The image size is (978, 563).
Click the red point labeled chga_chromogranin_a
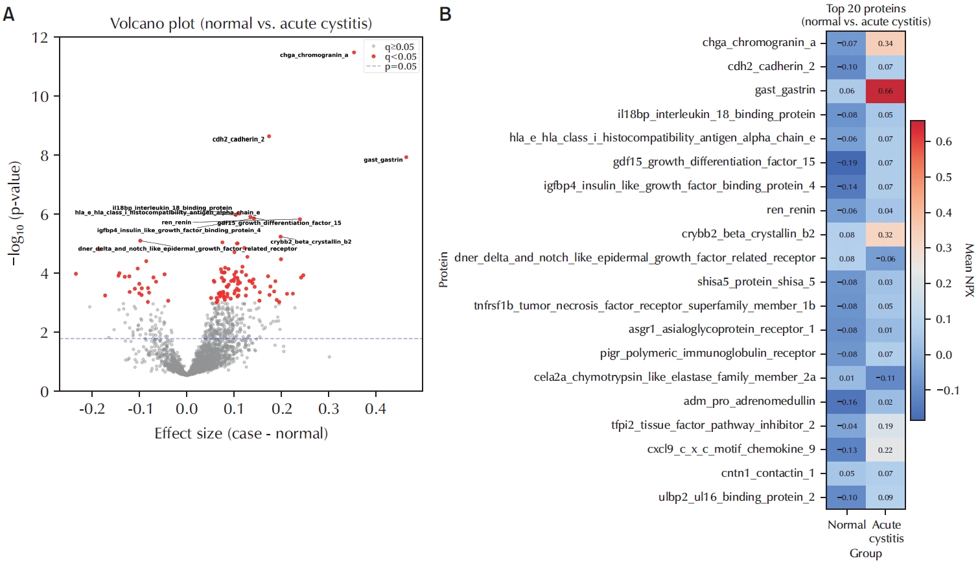coord(354,53)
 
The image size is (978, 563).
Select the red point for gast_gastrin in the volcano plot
coord(406,157)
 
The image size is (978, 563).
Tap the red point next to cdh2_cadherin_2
coord(269,136)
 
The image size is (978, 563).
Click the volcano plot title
coord(241,24)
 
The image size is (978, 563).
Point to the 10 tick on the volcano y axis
coord(40,97)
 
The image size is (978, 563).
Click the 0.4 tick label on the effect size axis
coord(375,409)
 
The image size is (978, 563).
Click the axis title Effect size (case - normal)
coord(241,433)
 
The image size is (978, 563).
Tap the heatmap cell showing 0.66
coord(885,91)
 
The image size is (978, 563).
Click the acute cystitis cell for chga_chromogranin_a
coord(885,43)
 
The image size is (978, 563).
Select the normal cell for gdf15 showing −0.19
coord(846,163)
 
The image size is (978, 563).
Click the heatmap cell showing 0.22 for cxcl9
coord(885,450)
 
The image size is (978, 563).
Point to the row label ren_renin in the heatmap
coord(791,210)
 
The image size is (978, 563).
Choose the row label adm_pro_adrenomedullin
coord(749,401)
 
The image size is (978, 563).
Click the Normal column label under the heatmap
coord(846,525)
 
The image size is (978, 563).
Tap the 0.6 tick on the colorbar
coord(944,141)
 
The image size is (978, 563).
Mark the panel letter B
coord(445,14)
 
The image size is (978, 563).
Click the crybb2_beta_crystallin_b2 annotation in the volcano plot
coord(310,242)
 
